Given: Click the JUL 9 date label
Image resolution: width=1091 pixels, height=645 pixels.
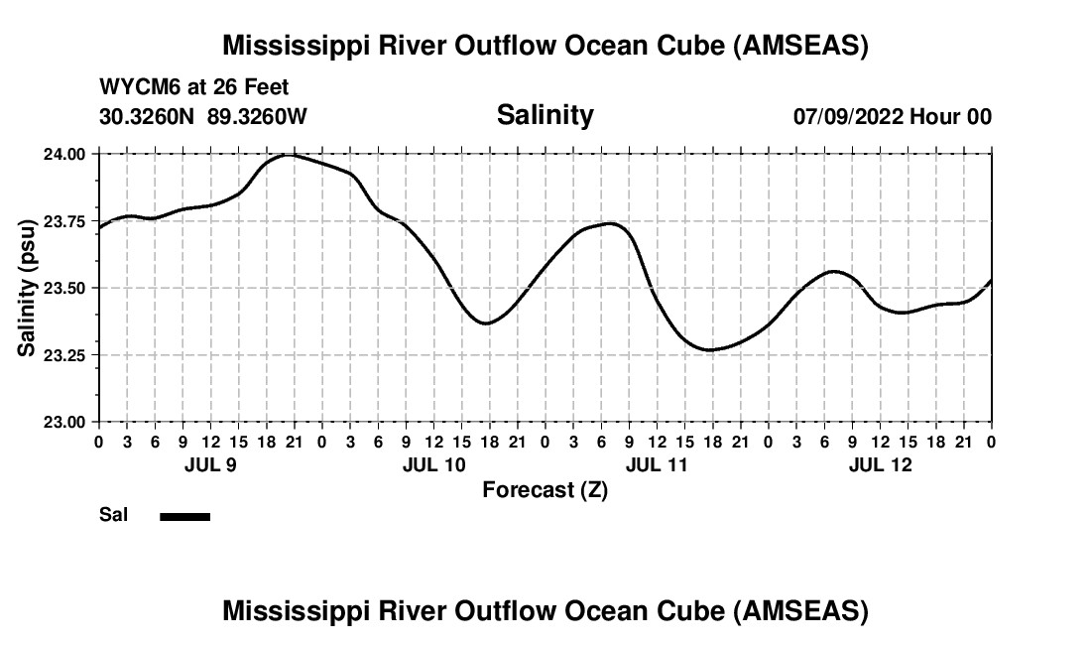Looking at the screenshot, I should pos(210,464).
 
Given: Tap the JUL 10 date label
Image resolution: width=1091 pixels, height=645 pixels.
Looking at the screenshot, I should pos(434,464).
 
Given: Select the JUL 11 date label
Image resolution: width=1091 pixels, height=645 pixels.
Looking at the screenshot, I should pos(658,464).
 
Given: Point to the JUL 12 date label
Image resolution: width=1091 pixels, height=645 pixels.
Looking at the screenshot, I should pos(881,464).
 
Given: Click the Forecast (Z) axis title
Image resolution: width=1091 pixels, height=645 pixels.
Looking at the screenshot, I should pos(545,489).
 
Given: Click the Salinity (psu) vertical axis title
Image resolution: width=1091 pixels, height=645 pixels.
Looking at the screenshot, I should pos(29,288).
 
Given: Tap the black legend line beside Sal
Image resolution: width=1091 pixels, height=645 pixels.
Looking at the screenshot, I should pos(184,516).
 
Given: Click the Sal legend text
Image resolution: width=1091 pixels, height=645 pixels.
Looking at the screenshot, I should pos(113,515).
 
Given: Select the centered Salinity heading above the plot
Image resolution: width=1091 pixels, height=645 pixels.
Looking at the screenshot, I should pos(545,115).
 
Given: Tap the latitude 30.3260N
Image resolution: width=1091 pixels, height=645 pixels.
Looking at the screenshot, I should pos(149,116).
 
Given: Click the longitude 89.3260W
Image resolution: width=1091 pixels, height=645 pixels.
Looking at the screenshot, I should pos(257,116).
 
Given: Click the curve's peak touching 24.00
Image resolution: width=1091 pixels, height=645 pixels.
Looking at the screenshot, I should pos(288,155).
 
